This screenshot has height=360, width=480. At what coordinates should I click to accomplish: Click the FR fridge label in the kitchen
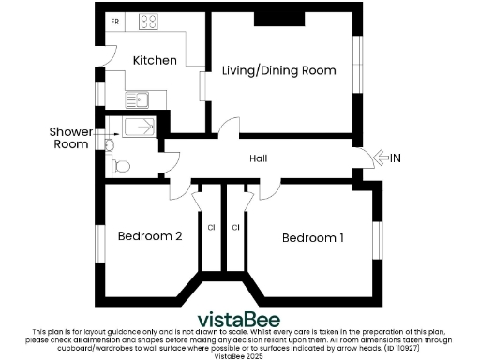114,21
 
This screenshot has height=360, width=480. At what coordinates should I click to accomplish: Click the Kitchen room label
155,60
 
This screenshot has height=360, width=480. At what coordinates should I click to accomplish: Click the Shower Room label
70,138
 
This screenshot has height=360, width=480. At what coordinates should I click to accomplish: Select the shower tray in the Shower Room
137,127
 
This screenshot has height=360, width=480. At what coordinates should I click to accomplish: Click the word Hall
259,159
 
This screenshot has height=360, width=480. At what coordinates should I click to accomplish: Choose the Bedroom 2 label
150,236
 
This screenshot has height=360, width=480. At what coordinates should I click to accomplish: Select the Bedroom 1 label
313,238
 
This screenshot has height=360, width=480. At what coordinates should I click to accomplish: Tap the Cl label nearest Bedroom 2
212,227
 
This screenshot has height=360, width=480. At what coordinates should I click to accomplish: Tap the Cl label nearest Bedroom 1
235,227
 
